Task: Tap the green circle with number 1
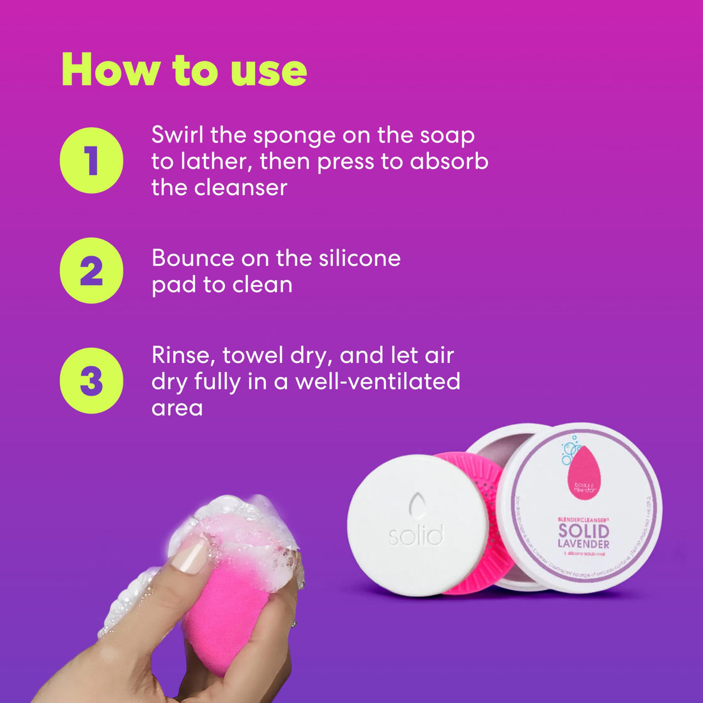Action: [91, 160]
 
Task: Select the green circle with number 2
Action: [91, 270]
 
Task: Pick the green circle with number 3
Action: [91, 380]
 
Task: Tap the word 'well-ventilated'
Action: [377, 382]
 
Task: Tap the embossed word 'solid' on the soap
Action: [416, 536]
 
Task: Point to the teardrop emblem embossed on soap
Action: [417, 506]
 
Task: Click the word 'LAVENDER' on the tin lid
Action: [583, 544]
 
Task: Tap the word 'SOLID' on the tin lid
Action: [583, 530]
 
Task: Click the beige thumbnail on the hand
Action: [190, 557]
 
